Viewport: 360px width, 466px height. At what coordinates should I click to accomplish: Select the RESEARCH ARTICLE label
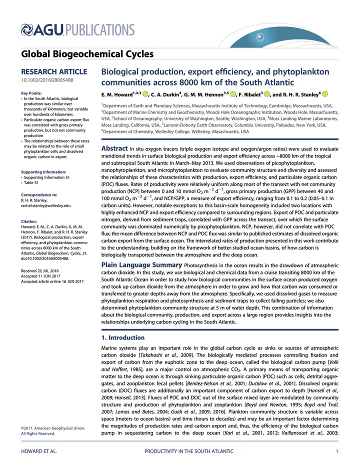tap(54, 72)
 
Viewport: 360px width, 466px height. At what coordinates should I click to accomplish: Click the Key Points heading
tap(31, 93)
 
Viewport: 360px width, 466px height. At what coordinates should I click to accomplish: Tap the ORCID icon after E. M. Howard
tap(145, 94)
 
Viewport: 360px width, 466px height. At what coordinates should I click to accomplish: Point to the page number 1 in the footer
tap(338, 452)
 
